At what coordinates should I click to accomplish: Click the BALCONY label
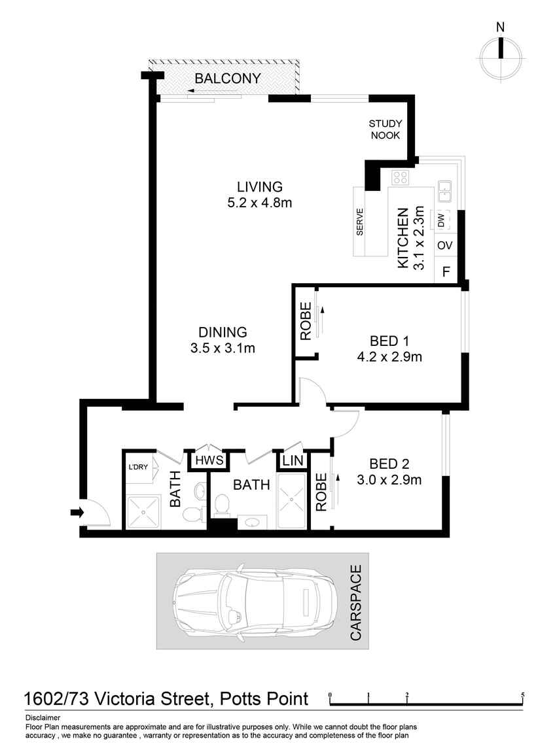point(228,79)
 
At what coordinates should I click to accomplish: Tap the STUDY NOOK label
point(386,129)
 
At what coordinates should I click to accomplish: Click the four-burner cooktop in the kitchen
point(400,177)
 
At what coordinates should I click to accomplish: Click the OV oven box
point(445,246)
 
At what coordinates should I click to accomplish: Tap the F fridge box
point(446,271)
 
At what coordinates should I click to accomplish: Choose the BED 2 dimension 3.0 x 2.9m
point(389,481)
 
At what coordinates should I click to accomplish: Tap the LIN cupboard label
point(293,460)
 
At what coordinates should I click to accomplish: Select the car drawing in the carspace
point(255,600)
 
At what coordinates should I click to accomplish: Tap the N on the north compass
point(501,27)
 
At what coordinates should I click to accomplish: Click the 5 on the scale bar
point(522,694)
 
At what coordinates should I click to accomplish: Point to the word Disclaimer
point(43,718)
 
